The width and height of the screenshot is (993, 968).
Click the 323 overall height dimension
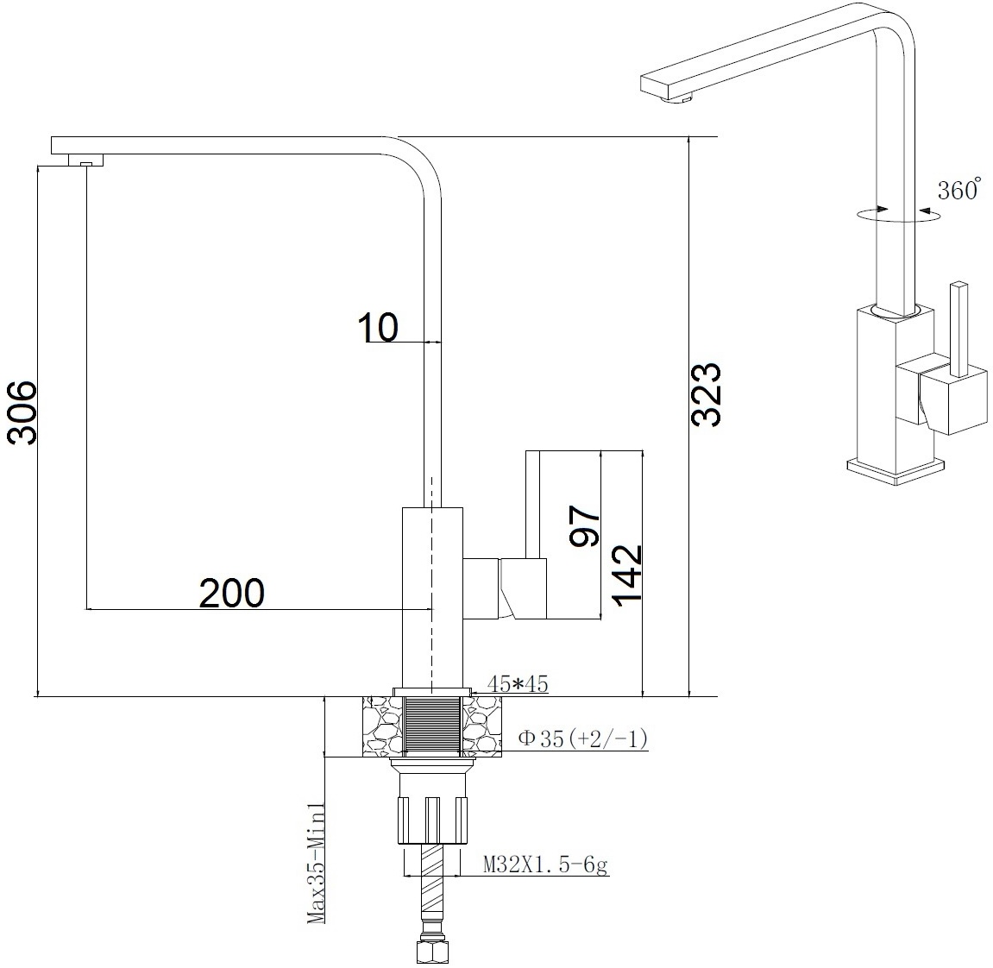pyautogui.click(x=706, y=394)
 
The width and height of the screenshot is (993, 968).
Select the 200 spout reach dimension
pyautogui.click(x=232, y=593)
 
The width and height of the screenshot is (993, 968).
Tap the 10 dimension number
pyautogui.click(x=378, y=328)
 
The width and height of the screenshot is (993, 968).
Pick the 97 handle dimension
pyautogui.click(x=585, y=525)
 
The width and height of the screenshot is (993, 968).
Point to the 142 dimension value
pyautogui.click(x=628, y=575)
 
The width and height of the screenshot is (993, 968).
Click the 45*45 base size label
pyautogui.click(x=518, y=684)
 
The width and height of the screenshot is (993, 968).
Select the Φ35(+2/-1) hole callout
pyautogui.click(x=582, y=738)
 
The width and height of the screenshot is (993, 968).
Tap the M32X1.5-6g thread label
pyautogui.click(x=545, y=864)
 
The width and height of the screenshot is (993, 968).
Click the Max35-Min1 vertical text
pyautogui.click(x=316, y=864)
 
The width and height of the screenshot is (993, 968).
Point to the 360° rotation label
pyautogui.click(x=958, y=189)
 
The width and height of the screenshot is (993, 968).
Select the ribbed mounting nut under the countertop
pyautogui.click(x=432, y=820)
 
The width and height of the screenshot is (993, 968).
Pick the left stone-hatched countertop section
pyautogui.click(x=382, y=726)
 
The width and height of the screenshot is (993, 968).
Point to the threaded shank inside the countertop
pyautogui.click(x=432, y=726)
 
